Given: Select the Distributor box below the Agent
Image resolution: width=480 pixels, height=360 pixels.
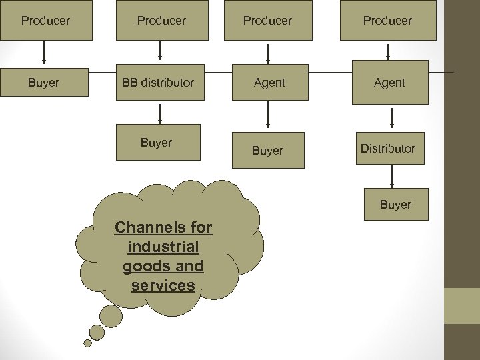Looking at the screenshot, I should pyautogui.click(x=389, y=149).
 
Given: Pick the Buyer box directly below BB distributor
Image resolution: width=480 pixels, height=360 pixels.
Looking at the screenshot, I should pyautogui.click(x=157, y=143).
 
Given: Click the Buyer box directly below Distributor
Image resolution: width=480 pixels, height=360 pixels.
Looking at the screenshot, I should pyautogui.click(x=396, y=205).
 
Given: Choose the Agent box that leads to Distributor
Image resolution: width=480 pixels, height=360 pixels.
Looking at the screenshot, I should pyautogui.click(x=389, y=83).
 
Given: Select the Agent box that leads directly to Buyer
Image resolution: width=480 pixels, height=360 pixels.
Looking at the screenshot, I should pyautogui.click(x=269, y=83).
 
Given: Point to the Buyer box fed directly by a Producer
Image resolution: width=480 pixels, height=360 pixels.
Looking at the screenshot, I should pyautogui.click(x=44, y=83).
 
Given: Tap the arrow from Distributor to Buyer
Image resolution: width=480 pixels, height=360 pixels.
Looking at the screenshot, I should pyautogui.click(x=392, y=176).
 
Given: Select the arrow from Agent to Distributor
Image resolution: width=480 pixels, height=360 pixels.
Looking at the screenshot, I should pyautogui.click(x=391, y=118).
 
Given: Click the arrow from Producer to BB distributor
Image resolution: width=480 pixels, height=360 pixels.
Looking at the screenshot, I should pyautogui.click(x=160, y=51).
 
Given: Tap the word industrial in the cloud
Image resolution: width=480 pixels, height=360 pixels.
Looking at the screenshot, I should pyautogui.click(x=163, y=247).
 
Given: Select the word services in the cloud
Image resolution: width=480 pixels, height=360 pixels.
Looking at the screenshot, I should pyautogui.click(x=163, y=285).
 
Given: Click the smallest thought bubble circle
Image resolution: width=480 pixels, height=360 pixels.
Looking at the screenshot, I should pyautogui.click(x=87, y=343).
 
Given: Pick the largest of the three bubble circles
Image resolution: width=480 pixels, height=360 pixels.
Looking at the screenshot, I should pyautogui.click(x=111, y=315).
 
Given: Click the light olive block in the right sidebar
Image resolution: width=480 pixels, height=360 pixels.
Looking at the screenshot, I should pyautogui.click(x=461, y=306).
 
